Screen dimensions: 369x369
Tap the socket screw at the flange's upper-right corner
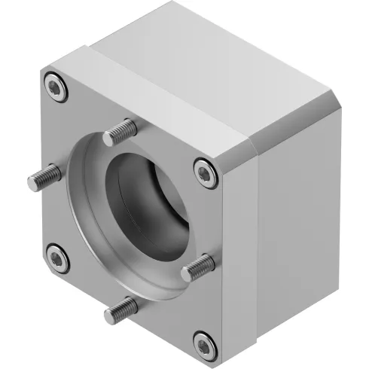(205, 172)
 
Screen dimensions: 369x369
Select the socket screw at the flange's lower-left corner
(56, 260)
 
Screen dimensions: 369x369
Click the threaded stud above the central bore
(118, 133)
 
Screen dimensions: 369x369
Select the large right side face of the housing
(301, 211)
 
